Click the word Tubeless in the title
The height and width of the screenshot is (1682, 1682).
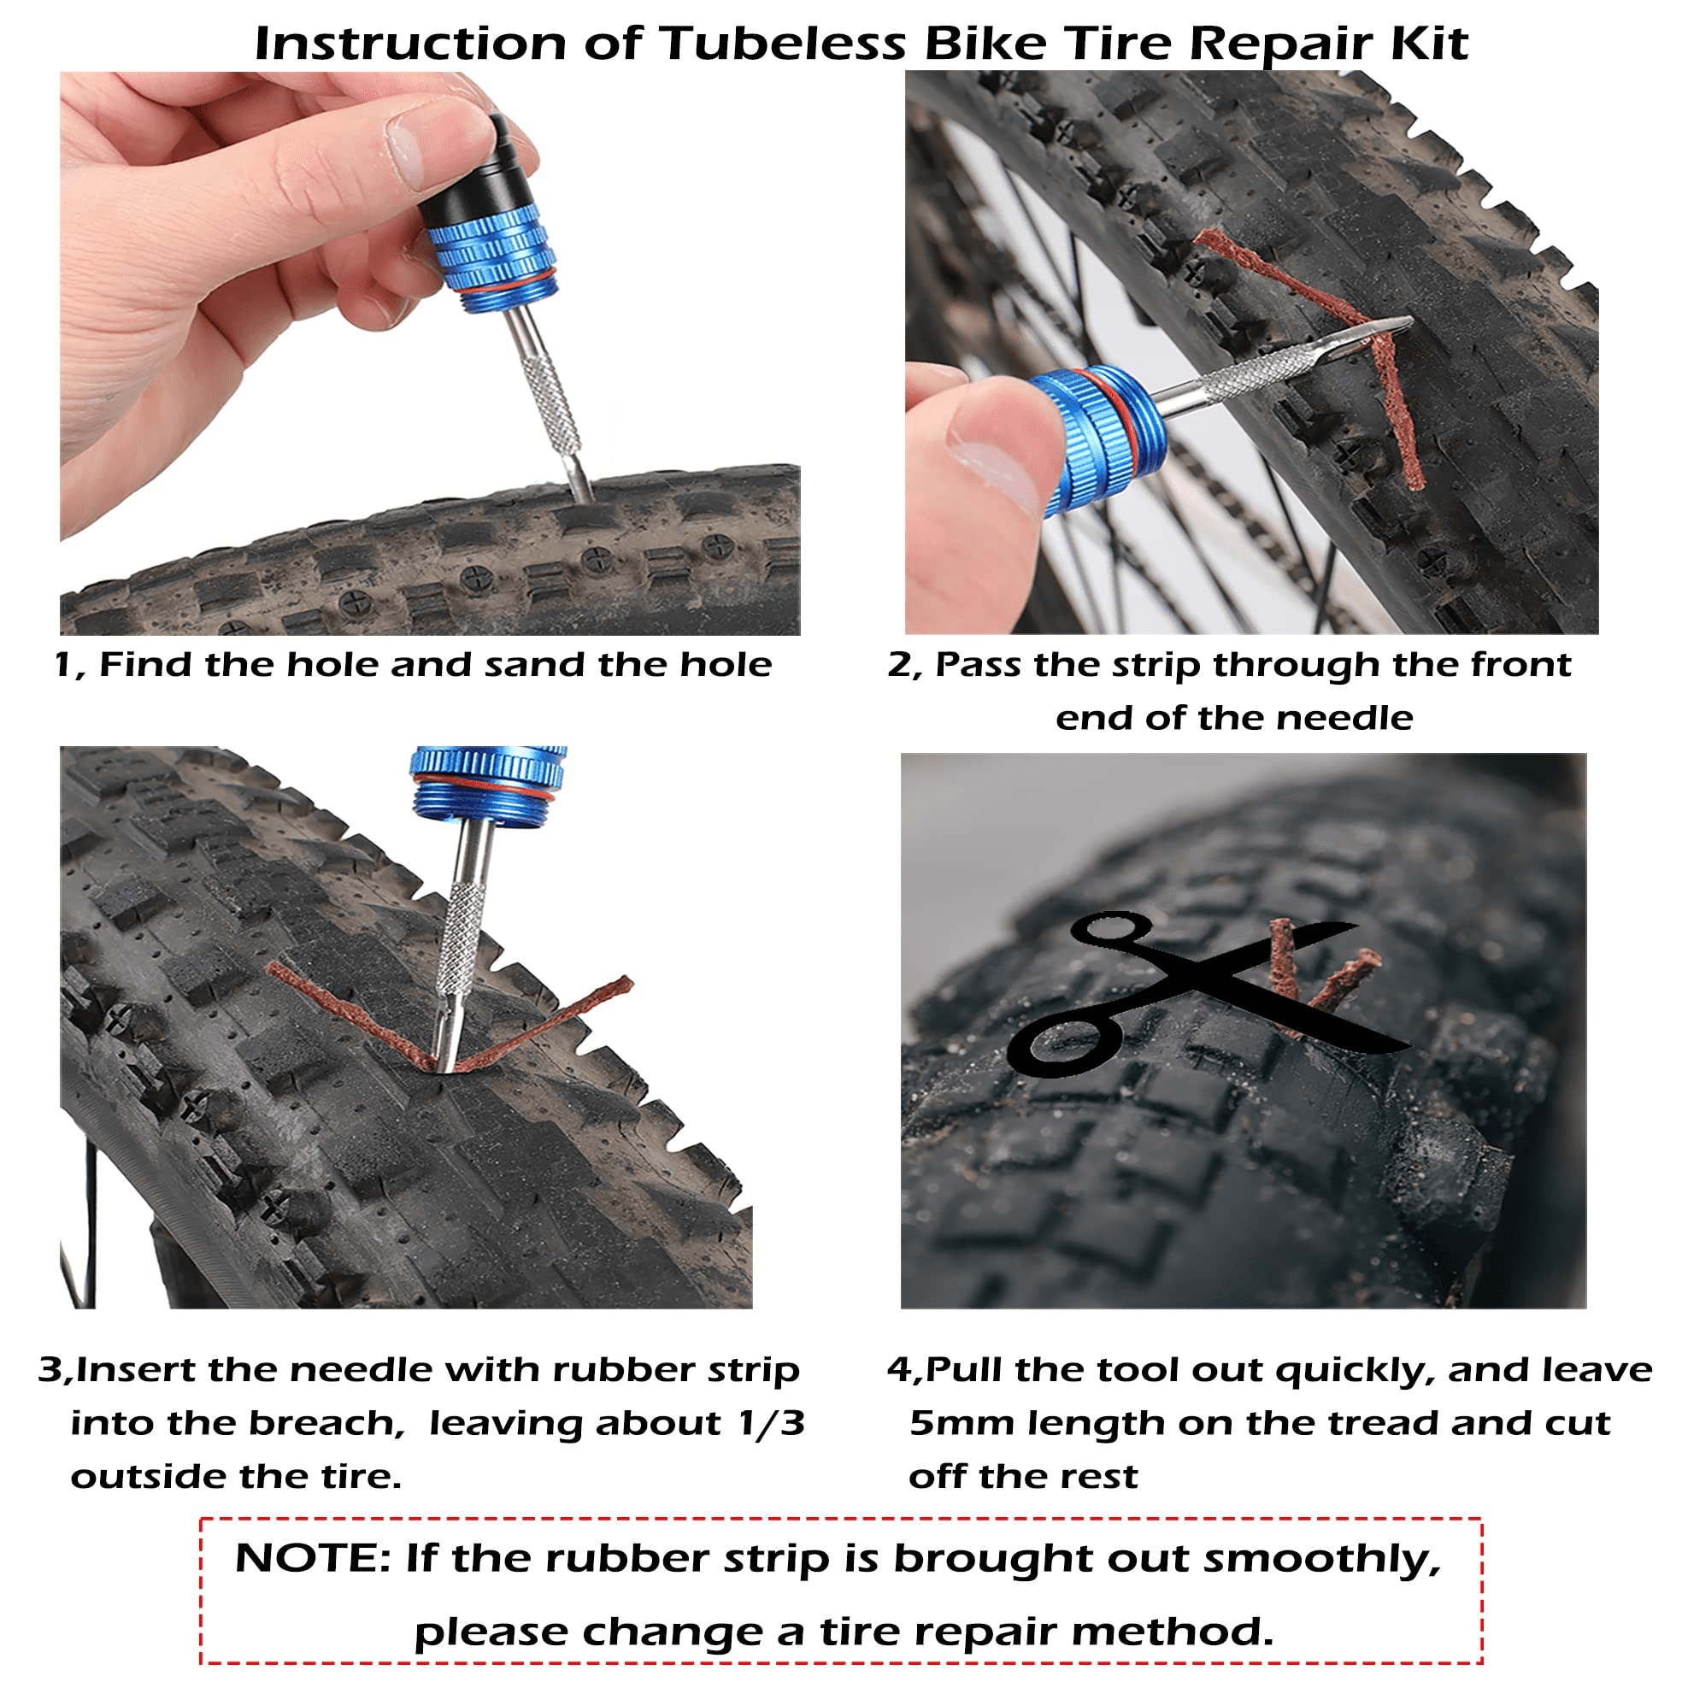click(x=783, y=44)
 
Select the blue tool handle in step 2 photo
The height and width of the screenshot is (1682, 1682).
click(x=1099, y=438)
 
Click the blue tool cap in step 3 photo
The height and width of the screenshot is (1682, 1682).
click(x=487, y=783)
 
